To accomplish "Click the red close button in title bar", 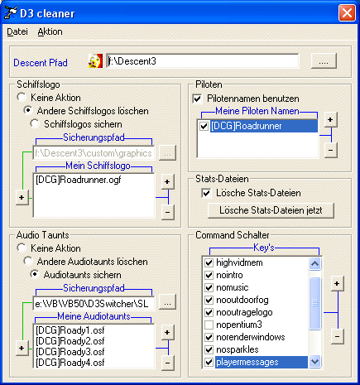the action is (x=347, y=13).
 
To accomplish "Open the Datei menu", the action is (x=17, y=31).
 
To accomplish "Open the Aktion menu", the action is (x=50, y=31).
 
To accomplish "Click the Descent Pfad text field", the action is (x=203, y=61).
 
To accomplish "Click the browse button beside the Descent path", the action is (x=324, y=60).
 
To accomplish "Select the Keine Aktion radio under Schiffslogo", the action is (x=22, y=97).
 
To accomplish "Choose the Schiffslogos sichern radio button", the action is (x=35, y=123).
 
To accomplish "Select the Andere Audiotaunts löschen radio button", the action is (x=28, y=261).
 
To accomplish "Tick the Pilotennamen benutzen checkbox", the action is (x=197, y=99).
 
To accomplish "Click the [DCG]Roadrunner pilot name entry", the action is (x=246, y=126).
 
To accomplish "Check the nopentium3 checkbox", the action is (x=209, y=325).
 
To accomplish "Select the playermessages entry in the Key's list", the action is (x=247, y=362).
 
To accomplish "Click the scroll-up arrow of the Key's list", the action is (x=314, y=263).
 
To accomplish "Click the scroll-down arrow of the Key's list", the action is (x=314, y=361).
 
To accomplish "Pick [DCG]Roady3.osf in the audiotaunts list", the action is (x=70, y=352).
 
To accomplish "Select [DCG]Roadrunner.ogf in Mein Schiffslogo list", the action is (x=79, y=180).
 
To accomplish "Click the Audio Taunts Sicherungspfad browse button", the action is (x=167, y=303).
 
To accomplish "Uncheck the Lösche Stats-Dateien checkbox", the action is (x=206, y=193).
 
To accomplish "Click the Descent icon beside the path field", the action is (x=95, y=61).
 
